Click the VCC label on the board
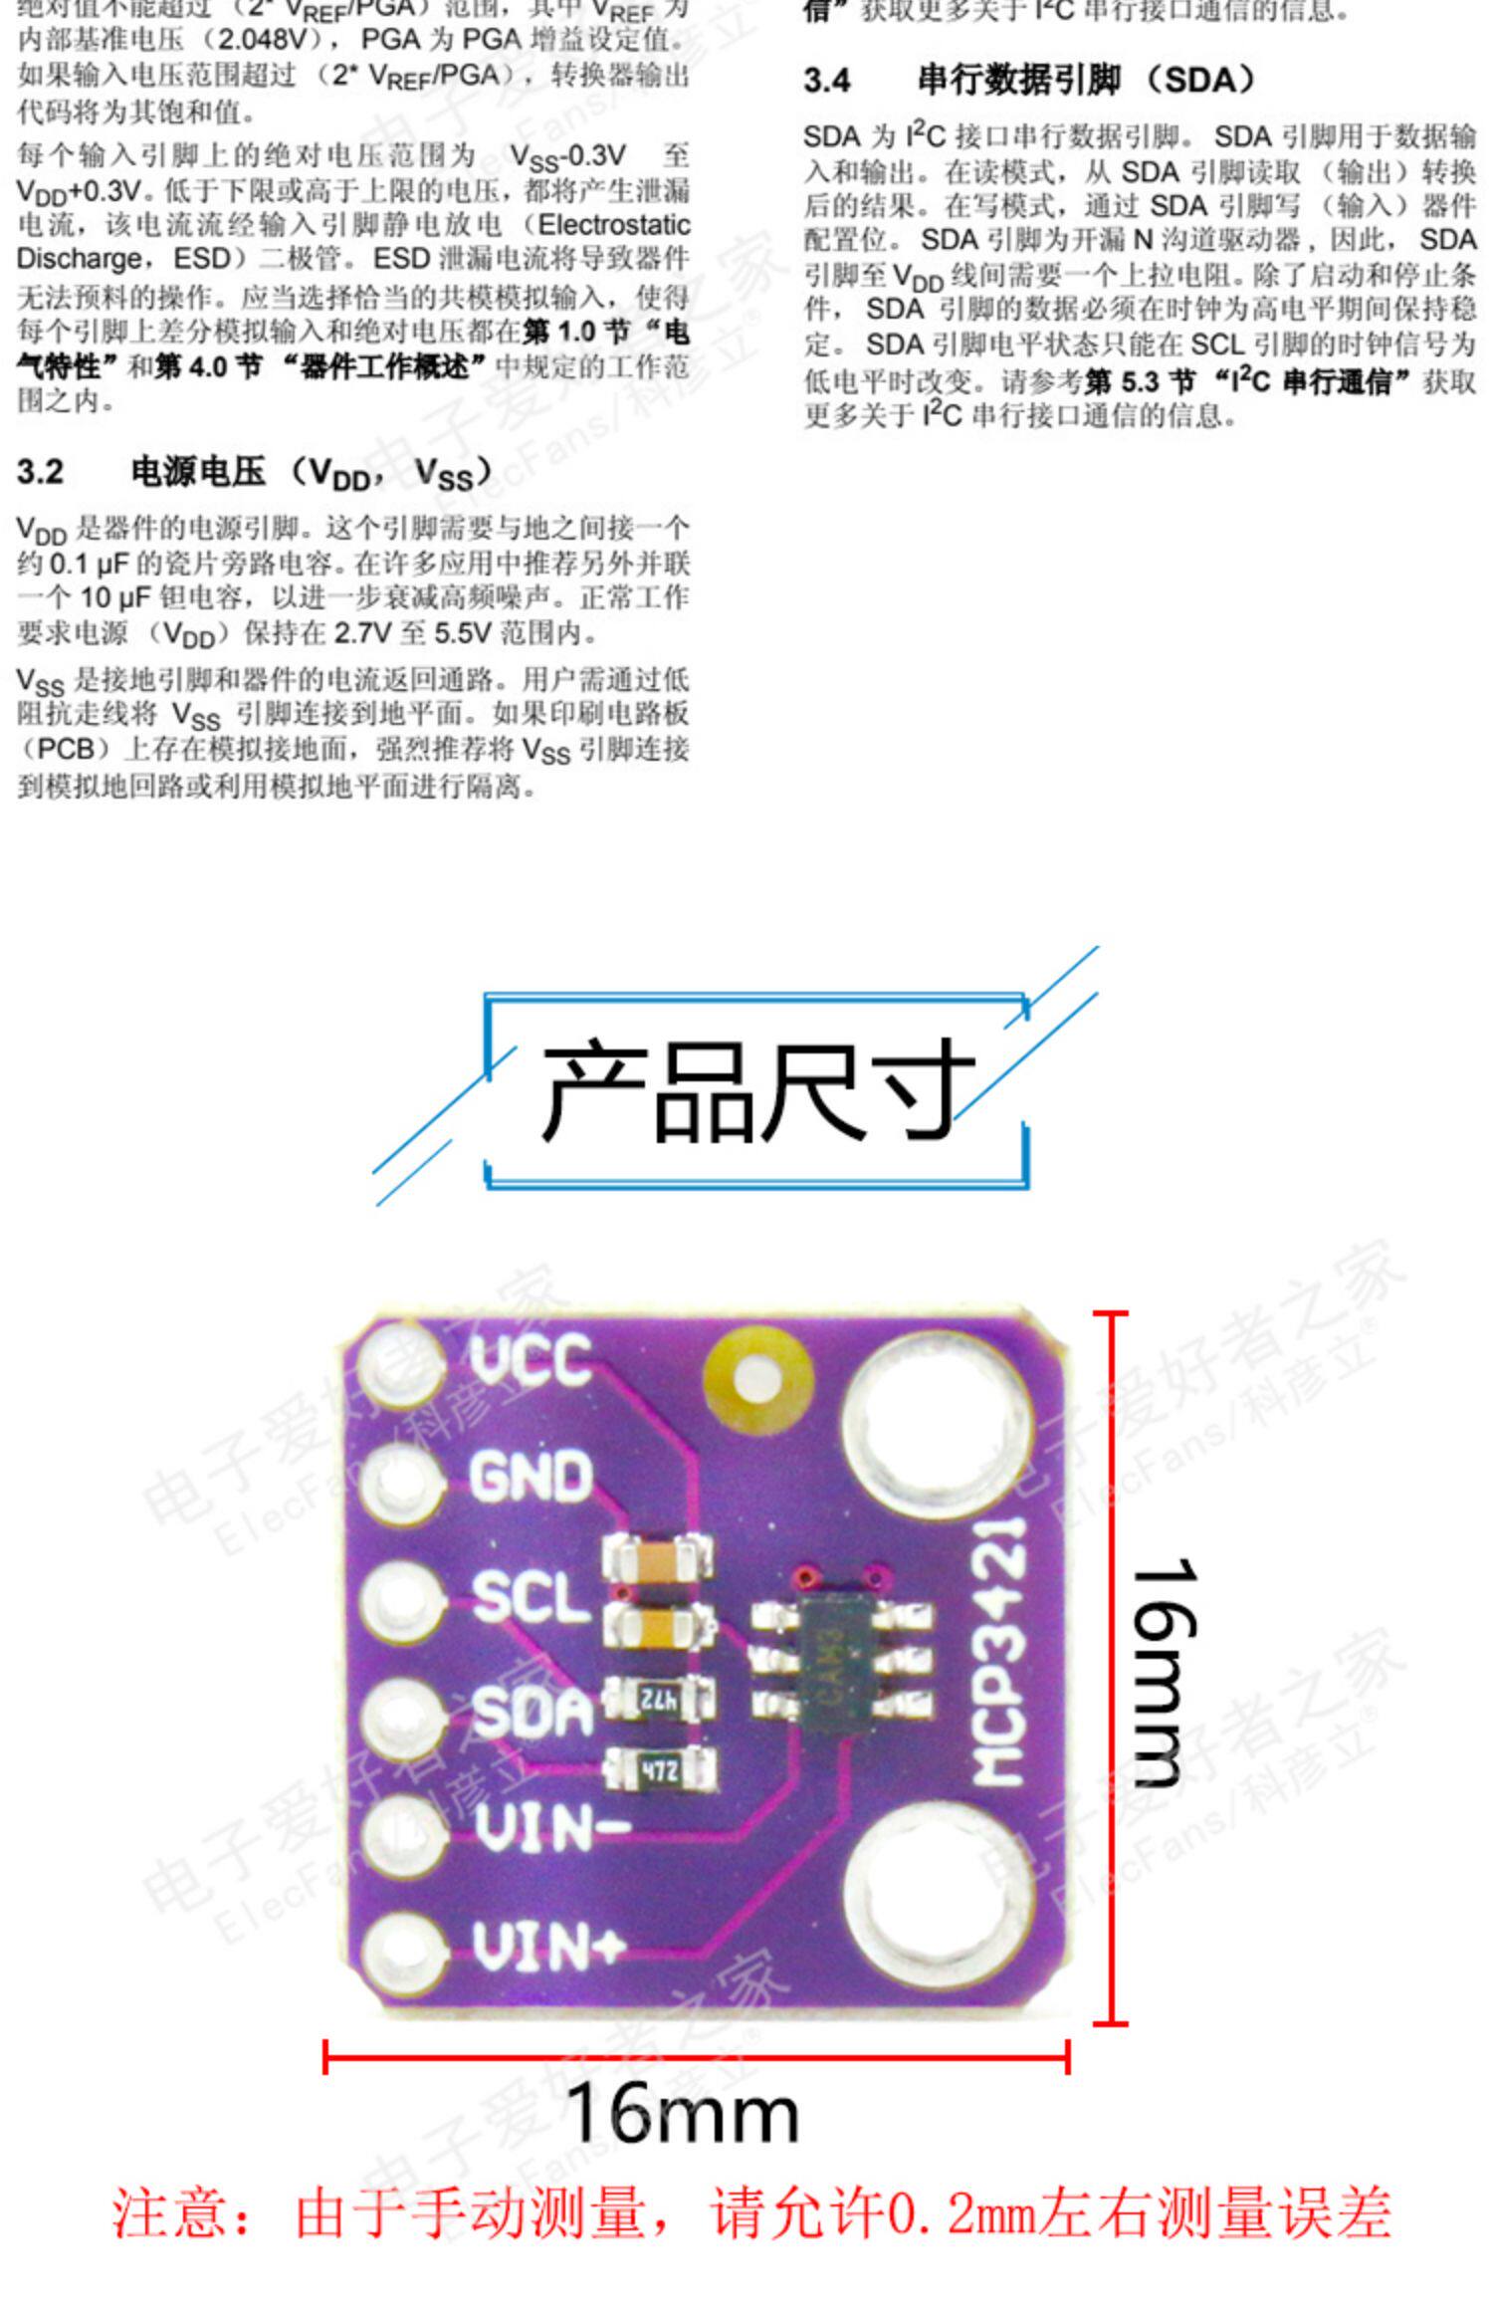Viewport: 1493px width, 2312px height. pos(531,1359)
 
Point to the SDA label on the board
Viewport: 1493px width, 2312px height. pos(532,1712)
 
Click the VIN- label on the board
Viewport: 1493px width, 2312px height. pos(551,1828)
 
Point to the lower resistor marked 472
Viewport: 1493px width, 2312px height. pos(658,1768)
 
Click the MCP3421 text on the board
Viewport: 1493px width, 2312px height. pos(999,1652)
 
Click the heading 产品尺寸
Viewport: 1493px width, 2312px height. pos(756,1090)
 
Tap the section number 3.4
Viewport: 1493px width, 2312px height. pos(827,81)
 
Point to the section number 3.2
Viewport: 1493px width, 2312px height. pos(40,471)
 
